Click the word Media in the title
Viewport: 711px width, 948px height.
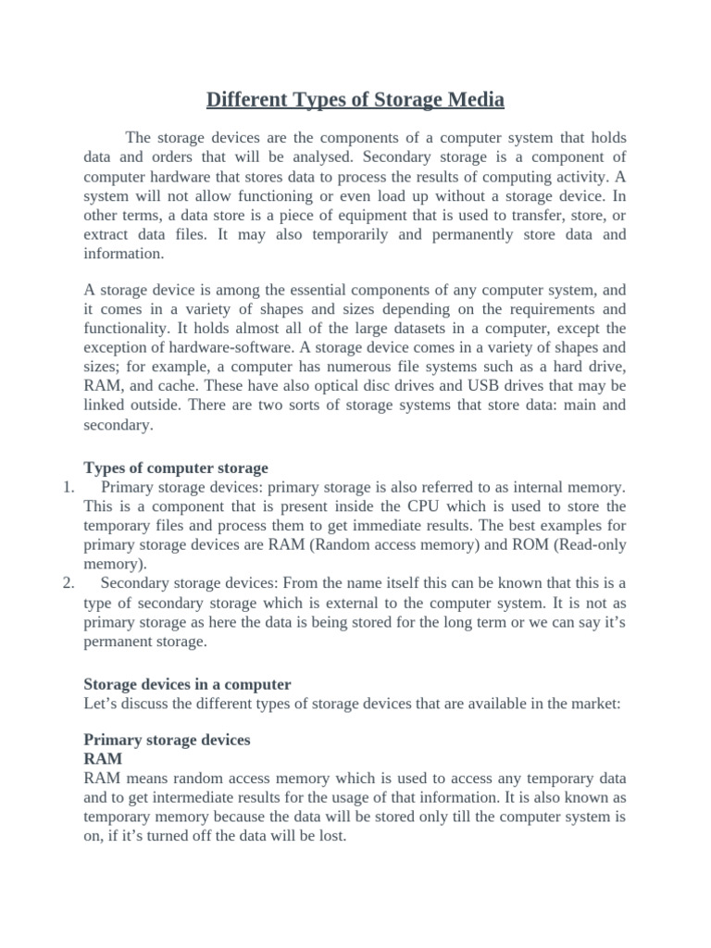pos(471,99)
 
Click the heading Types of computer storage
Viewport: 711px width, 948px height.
pos(176,468)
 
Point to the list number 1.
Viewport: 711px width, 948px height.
pos(69,487)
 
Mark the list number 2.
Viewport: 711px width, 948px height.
pos(69,582)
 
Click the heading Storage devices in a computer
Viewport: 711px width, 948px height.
pos(187,684)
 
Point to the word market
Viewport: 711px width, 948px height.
pos(592,704)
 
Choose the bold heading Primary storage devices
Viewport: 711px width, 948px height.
pos(167,741)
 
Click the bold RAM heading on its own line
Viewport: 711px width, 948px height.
pos(103,759)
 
